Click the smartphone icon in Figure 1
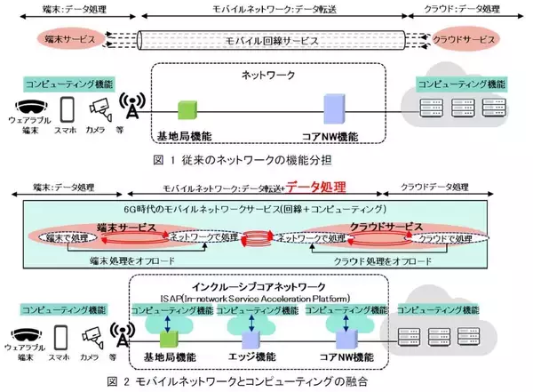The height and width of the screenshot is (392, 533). pyautogui.click(x=68, y=109)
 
